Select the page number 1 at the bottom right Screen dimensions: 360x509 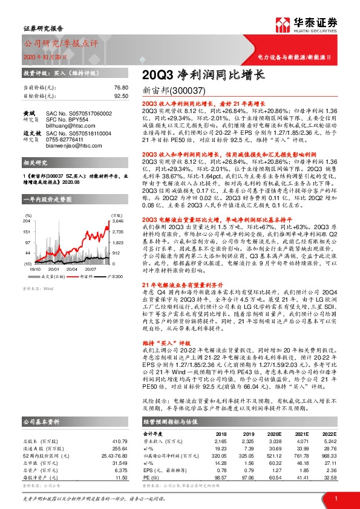point(335,498)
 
